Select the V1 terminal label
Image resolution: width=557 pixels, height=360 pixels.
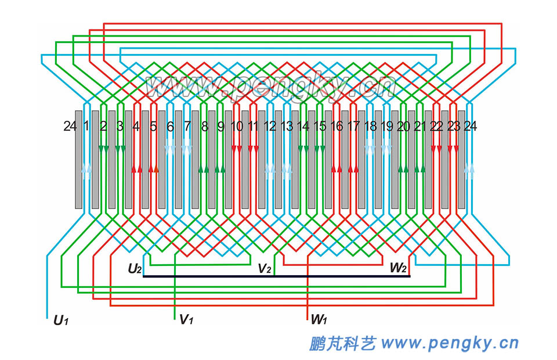coord(186,319)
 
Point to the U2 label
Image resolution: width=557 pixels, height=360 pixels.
coord(135,268)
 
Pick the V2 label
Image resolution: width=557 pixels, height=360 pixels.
coord(265,268)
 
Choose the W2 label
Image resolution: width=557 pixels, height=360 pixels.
coord(398,268)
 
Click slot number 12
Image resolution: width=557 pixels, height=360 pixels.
coord(270,126)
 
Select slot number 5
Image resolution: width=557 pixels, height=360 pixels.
coord(154,126)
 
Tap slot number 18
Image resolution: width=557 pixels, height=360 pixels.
coord(370,126)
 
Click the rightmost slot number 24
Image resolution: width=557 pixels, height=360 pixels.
coord(471,126)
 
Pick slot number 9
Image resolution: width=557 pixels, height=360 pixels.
coord(220,126)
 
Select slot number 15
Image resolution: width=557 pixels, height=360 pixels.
coord(320,126)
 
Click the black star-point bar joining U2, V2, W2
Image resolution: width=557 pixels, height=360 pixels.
coord(276,276)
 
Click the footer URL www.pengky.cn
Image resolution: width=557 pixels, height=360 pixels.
coord(450,343)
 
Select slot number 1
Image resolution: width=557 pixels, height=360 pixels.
coord(86,126)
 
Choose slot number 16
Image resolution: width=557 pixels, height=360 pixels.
coord(337,126)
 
